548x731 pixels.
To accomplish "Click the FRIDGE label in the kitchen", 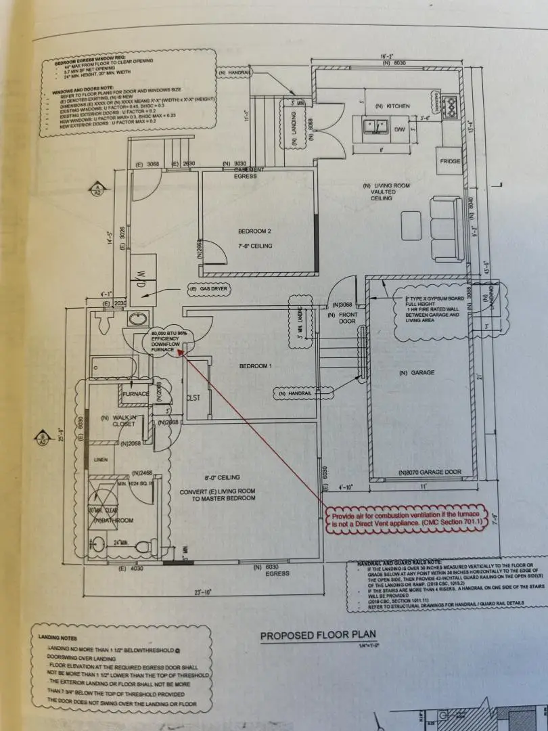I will pos(450,162).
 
